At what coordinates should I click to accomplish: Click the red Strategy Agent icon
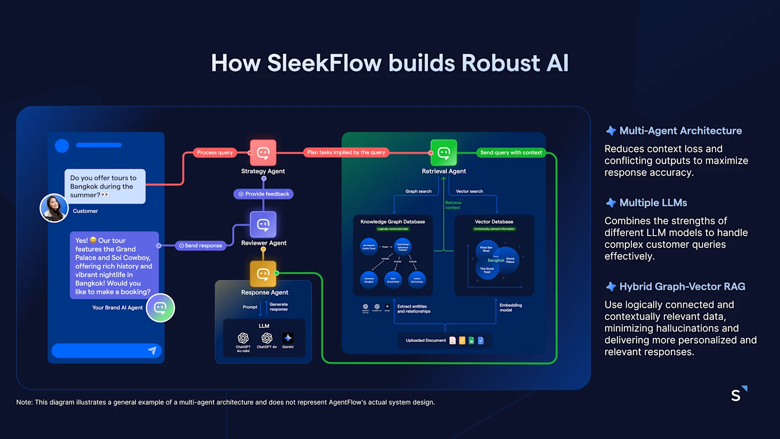pos(263,153)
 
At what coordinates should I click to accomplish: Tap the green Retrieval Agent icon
pos(444,153)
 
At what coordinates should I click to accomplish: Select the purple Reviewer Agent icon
pos(263,224)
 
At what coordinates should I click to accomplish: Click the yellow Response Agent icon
pos(263,274)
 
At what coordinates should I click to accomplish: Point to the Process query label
pos(214,153)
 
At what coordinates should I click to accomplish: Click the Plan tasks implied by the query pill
pos(346,153)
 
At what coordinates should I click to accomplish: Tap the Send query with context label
pos(510,153)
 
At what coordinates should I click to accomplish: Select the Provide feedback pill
pos(263,194)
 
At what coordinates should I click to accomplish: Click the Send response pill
pos(200,246)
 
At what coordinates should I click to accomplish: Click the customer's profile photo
pos(54,208)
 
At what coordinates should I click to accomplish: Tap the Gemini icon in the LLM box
pos(288,338)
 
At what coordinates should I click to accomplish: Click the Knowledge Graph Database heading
pos(392,222)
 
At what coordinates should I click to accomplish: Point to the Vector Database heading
pos(494,222)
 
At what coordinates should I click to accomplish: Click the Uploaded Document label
pos(426,340)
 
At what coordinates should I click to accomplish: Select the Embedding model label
pos(510,308)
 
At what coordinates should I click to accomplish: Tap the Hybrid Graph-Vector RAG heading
pos(682,287)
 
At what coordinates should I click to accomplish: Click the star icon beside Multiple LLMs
pos(611,203)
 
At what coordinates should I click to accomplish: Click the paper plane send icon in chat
pos(152,351)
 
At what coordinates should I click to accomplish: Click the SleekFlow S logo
pos(738,394)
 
